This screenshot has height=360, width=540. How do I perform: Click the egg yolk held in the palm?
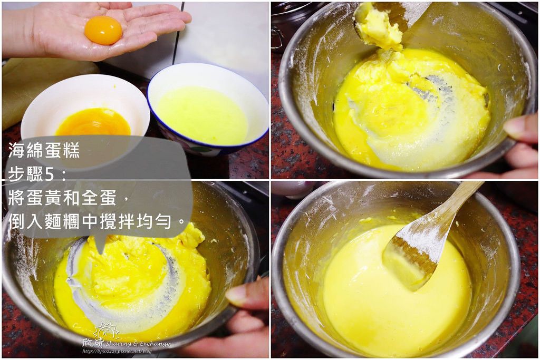pos(103,30)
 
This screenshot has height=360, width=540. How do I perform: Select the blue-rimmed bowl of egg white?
pos(208,108)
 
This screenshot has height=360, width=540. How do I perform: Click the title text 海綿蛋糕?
pos(44,150)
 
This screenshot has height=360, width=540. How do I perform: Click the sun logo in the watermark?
pos(105,330)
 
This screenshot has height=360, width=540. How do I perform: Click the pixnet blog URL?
pos(117,352)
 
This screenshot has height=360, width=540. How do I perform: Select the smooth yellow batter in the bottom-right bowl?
pos(396,293)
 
